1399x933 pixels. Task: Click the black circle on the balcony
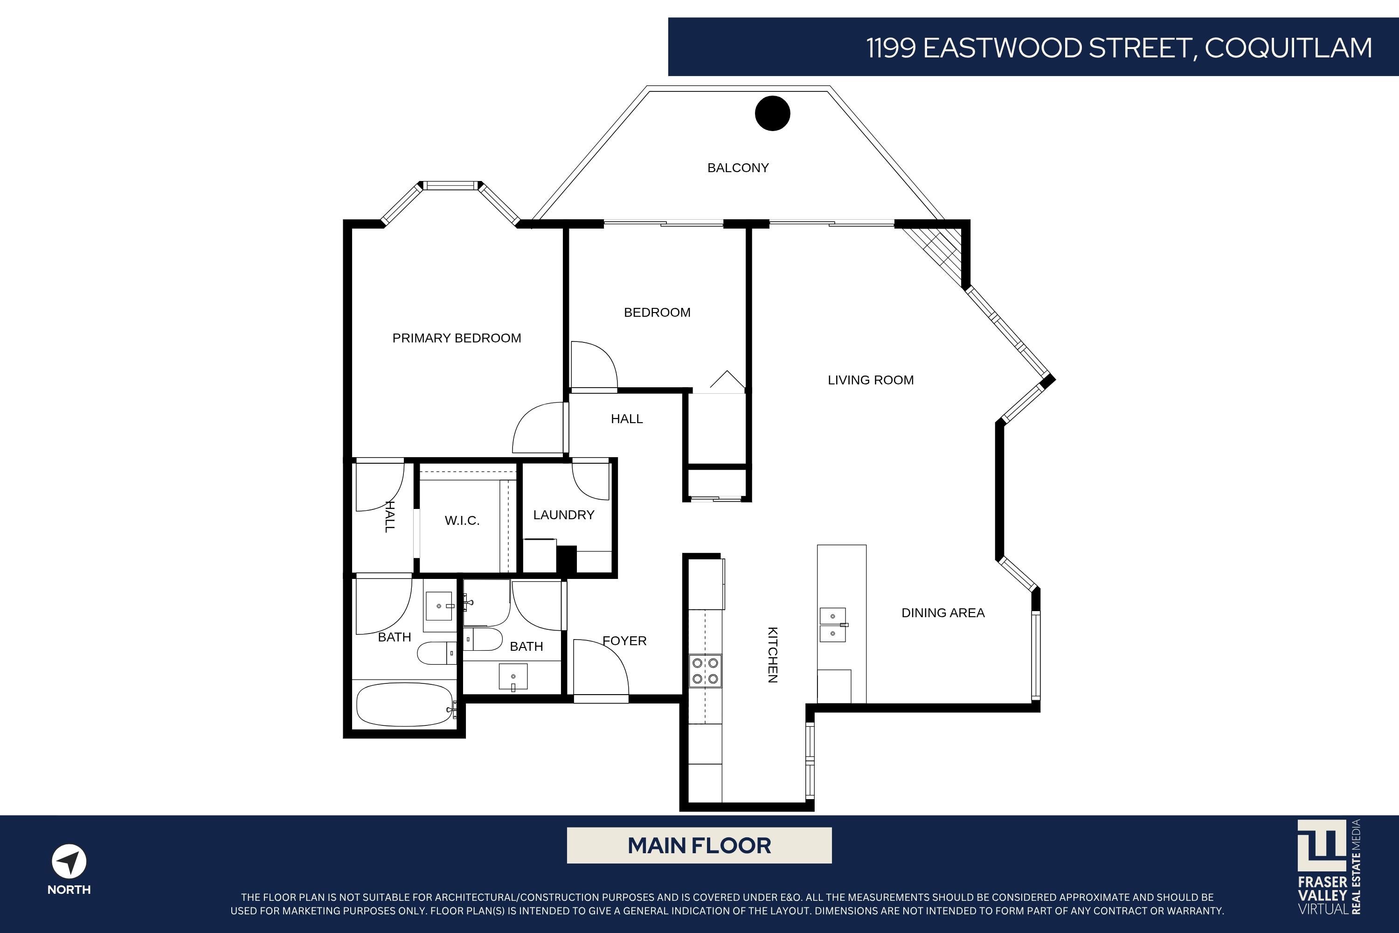point(772,113)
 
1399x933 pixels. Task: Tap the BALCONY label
point(738,168)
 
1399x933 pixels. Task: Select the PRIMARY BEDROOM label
point(456,338)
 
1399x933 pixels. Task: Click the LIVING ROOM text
point(870,380)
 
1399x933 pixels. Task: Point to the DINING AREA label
point(943,613)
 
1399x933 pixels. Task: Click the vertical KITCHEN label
point(772,654)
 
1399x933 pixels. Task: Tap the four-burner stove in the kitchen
point(705,671)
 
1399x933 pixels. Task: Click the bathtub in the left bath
point(404,704)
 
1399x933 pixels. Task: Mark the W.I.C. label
point(462,521)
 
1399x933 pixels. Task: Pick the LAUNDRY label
point(563,515)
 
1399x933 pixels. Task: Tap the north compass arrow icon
point(69,861)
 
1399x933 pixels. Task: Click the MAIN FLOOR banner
point(699,845)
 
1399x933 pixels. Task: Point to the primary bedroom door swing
point(538,428)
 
